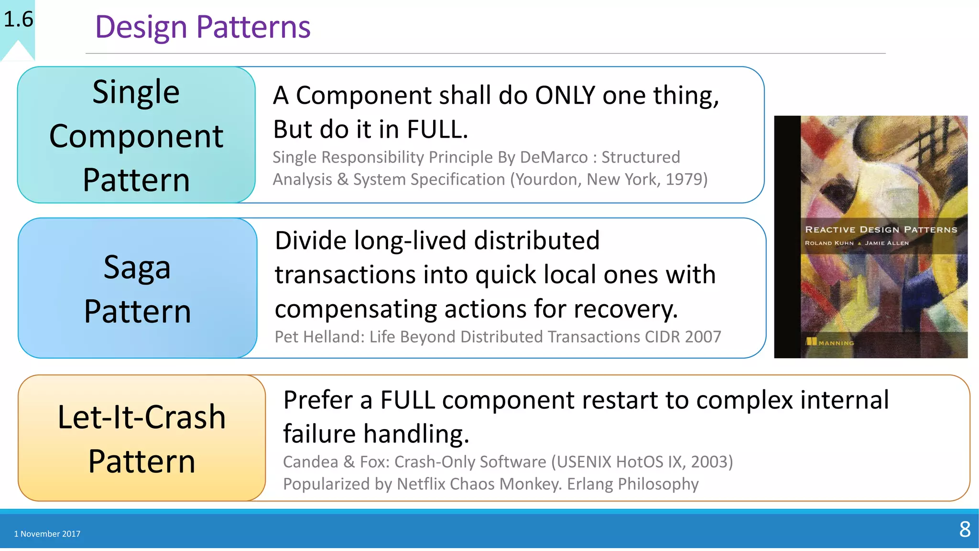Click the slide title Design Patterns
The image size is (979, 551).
click(203, 27)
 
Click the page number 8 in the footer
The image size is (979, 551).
click(965, 529)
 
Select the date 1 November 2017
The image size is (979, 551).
click(47, 534)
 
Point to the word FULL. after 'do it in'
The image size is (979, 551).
click(437, 130)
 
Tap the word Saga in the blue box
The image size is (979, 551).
click(137, 267)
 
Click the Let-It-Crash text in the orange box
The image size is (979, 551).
click(141, 417)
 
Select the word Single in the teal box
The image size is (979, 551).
click(136, 92)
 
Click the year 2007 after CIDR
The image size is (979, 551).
click(703, 337)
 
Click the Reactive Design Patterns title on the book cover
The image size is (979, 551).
click(881, 230)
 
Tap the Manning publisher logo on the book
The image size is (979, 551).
click(829, 342)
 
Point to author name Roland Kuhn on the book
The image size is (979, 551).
click(829, 243)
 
